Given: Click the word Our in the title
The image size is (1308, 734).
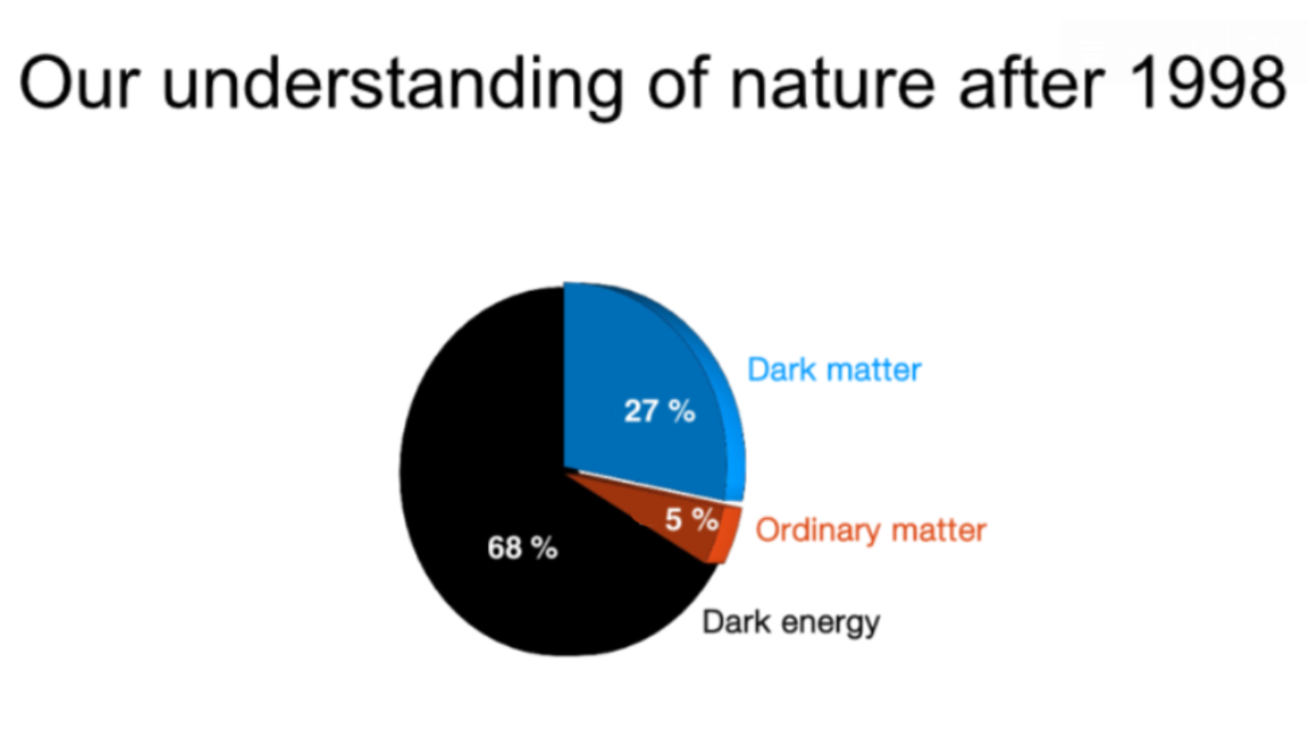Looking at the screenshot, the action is coord(80,82).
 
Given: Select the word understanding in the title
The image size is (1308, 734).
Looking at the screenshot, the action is coord(394,88).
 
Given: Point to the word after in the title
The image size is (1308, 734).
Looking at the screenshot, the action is coord(1033,82).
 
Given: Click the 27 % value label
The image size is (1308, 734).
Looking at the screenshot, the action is coord(660,411).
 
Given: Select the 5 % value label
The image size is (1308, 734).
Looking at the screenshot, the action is coord(692,519).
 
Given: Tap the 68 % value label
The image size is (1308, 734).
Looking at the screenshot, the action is coord(523,548).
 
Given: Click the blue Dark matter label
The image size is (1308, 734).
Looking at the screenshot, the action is coord(835,370).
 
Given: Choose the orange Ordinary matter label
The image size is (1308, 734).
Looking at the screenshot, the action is coord(871,531).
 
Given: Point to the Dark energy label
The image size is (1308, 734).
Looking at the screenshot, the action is coord(791,623).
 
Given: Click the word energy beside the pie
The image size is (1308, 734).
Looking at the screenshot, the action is coord(831,624).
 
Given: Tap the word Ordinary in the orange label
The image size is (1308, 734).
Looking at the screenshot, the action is coord(818,531).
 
